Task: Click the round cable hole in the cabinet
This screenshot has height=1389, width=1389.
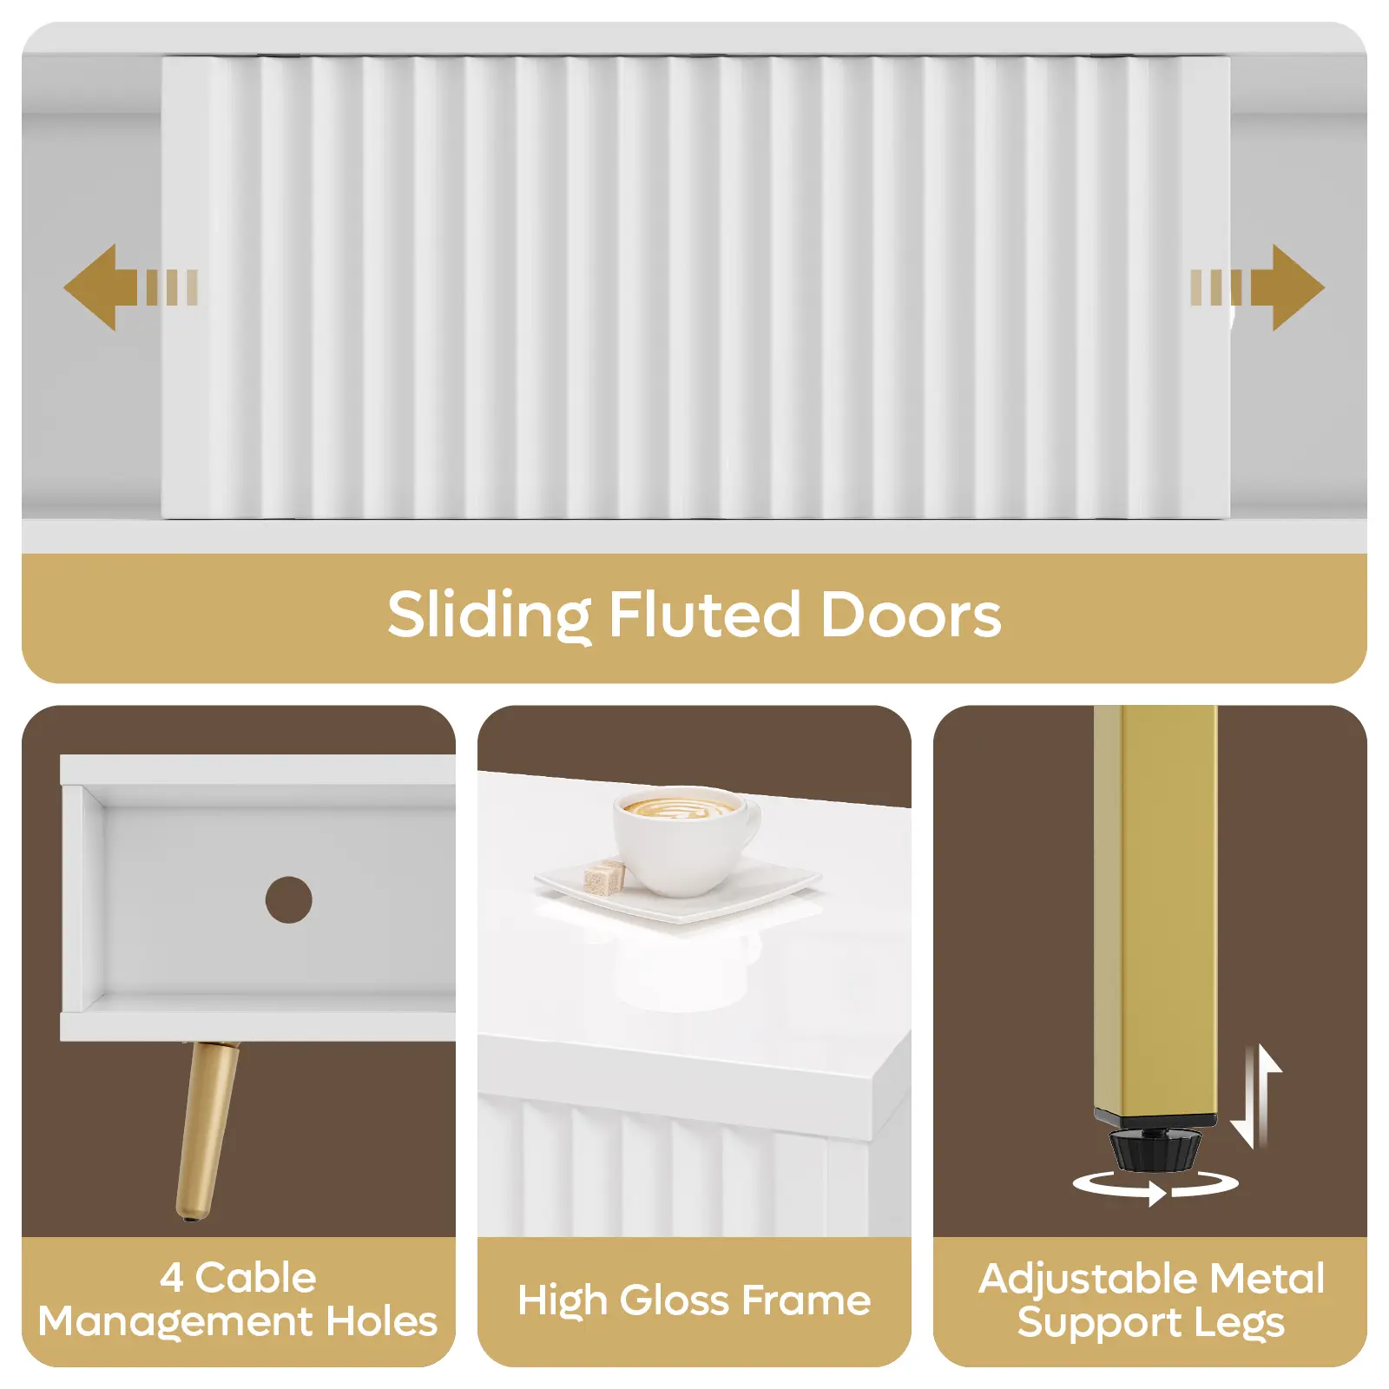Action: [x=288, y=899]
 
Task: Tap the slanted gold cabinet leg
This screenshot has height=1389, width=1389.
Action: [x=205, y=1129]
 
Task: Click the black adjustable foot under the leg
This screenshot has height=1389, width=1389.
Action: [x=1155, y=1147]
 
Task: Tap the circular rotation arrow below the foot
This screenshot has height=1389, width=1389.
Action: [x=1155, y=1186]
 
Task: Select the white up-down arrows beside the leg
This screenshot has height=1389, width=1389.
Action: [x=1257, y=1096]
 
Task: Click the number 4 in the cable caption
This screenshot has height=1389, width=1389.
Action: [x=172, y=1278]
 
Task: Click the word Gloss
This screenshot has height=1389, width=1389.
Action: [x=675, y=1300]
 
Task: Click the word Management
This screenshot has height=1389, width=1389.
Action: [x=175, y=1322]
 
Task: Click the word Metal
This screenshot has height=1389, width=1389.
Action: [x=1267, y=1279]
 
